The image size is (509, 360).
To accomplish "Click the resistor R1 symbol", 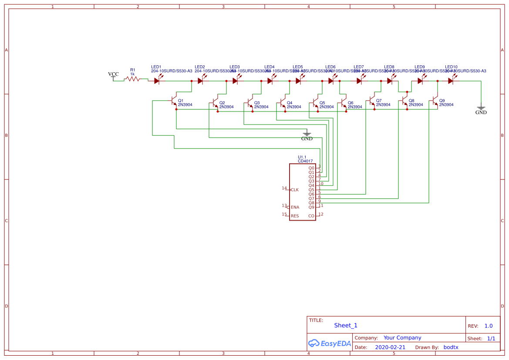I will point(132,79).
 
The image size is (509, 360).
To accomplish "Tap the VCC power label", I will point(113,74).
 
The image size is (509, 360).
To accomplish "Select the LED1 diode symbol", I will point(157,81).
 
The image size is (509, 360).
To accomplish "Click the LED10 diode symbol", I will point(451,81).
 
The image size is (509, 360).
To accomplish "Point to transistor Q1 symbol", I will point(173,101).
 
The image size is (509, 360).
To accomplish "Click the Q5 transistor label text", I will point(322,103).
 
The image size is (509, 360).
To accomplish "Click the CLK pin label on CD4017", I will point(295,190).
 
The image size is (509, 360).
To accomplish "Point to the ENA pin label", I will point(295,207).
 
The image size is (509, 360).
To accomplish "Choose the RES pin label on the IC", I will point(295,216).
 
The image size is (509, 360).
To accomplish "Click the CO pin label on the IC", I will point(311,216).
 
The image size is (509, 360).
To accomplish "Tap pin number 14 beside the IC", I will point(284,188).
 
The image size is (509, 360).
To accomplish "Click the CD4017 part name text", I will point(305,161).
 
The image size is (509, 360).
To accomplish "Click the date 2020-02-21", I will point(390,347).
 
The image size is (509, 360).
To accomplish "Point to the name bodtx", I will point(451,347).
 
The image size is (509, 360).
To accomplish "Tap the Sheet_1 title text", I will point(346,325).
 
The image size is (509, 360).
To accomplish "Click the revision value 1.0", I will point(489,326).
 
